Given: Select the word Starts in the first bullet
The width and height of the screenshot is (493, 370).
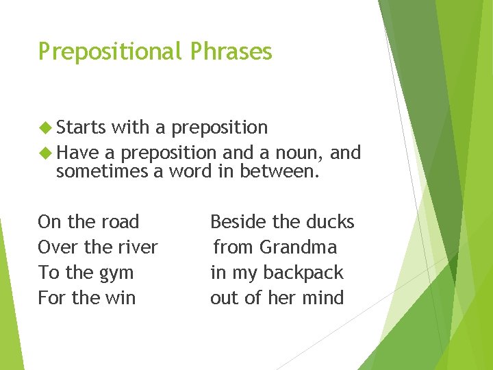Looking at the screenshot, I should pyautogui.click(x=81, y=127).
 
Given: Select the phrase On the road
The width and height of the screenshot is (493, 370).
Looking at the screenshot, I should pyautogui.click(x=88, y=222).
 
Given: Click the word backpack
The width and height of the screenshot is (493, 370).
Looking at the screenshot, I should pyautogui.click(x=303, y=273).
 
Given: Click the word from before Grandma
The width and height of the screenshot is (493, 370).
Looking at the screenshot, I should pyautogui.click(x=232, y=247).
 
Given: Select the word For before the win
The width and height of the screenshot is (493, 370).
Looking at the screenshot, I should pyautogui.click(x=49, y=298).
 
